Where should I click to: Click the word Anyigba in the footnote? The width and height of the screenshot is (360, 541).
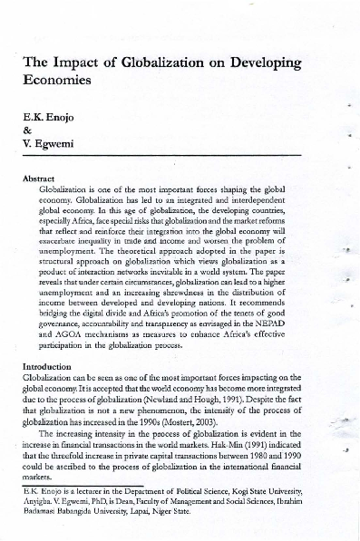[37, 500]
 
